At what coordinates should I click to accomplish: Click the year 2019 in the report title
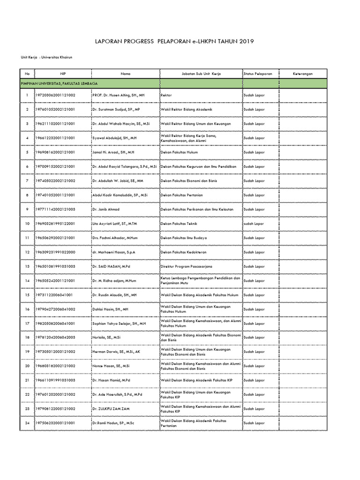click(245, 42)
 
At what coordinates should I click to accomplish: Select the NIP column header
click(62, 74)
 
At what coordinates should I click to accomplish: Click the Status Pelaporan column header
click(257, 74)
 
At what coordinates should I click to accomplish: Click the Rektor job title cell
click(166, 95)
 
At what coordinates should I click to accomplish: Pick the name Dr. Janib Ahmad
click(106, 209)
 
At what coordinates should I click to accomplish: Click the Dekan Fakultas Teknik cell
click(179, 224)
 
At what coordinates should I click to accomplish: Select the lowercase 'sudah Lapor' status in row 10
click(254, 224)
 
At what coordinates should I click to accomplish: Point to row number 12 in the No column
click(27, 252)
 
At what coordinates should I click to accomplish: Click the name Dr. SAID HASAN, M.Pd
click(110, 266)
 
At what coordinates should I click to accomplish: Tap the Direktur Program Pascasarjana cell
click(186, 266)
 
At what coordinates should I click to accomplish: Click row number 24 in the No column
click(27, 423)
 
